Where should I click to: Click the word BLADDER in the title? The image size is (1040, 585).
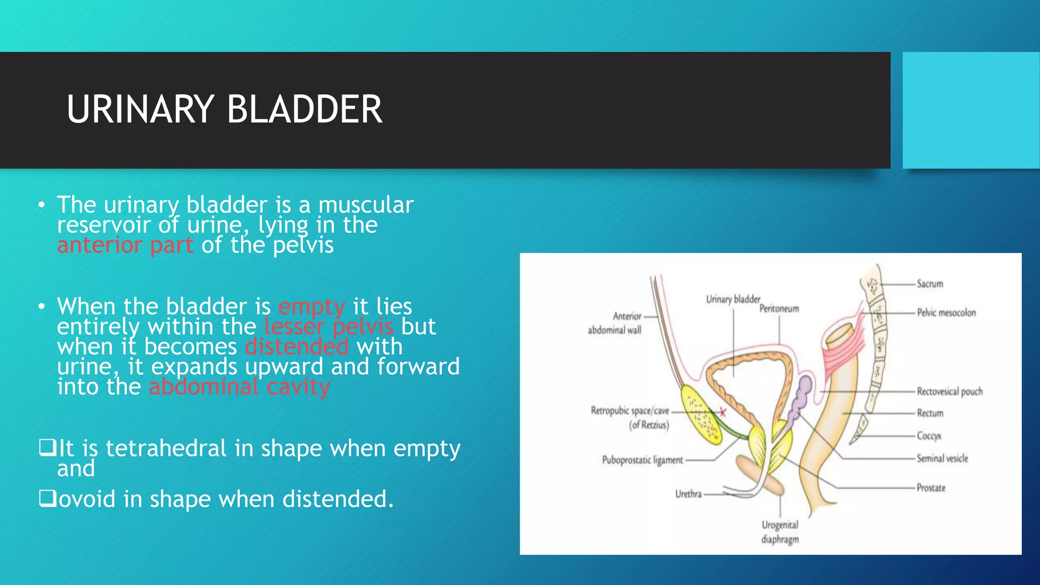[304, 109]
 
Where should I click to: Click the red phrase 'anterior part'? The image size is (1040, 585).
[125, 245]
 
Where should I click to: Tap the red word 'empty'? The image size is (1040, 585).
[311, 307]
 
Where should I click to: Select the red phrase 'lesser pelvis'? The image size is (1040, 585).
[329, 327]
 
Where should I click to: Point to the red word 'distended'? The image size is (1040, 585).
[297, 347]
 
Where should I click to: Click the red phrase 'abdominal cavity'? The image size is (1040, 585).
[239, 387]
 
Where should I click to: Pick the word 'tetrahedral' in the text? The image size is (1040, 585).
[166, 448]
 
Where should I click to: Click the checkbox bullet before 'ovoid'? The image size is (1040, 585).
[47, 499]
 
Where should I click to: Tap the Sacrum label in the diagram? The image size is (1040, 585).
[929, 284]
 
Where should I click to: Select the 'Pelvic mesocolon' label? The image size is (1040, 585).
[946, 313]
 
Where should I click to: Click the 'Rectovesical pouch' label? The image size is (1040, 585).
[949, 392]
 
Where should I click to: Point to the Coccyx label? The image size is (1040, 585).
[929, 436]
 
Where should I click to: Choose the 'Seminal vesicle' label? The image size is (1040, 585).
[942, 459]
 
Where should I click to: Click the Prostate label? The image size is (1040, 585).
[931, 488]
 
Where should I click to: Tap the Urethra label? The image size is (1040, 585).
[688, 494]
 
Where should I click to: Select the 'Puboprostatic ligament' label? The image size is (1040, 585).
[642, 460]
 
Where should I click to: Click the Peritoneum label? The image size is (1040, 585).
[779, 309]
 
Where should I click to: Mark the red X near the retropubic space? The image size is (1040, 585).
[723, 412]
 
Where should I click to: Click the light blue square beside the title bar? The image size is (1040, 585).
[970, 110]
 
